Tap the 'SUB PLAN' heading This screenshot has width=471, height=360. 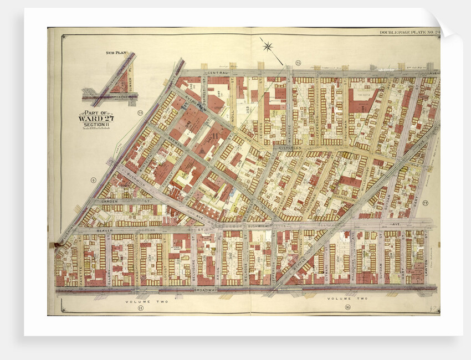click(x=116, y=53)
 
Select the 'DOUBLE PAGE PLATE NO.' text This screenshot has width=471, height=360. click(x=408, y=32)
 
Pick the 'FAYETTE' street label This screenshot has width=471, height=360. click(x=81, y=258)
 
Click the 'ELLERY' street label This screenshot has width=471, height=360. click(x=109, y=258)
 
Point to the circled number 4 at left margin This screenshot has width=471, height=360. click(x=94, y=179)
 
